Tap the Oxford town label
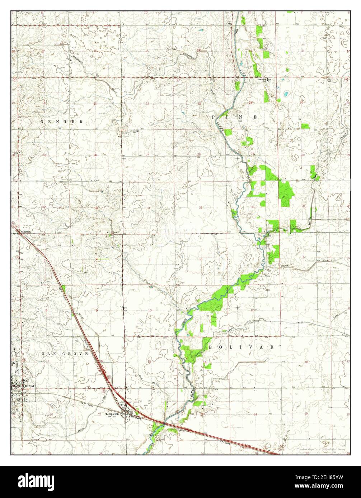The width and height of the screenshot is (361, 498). (29, 386)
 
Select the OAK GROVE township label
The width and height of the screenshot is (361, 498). (65, 354)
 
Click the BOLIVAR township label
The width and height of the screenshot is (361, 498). (241, 347)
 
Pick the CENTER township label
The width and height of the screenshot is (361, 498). (62, 122)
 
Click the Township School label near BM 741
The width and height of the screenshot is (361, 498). (262, 80)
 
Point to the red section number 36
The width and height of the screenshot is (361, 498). (253, 207)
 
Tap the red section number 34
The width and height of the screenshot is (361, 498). (148, 208)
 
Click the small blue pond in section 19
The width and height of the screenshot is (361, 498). (286, 95)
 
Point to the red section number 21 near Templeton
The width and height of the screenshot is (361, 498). (99, 414)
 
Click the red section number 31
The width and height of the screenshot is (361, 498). (304, 206)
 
